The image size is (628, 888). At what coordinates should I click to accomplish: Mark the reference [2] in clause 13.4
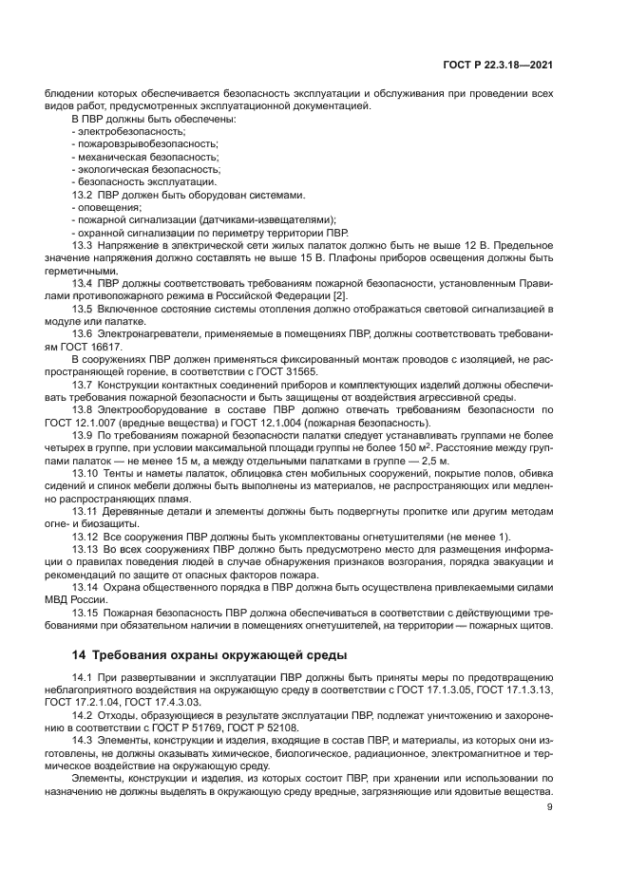(341, 296)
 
